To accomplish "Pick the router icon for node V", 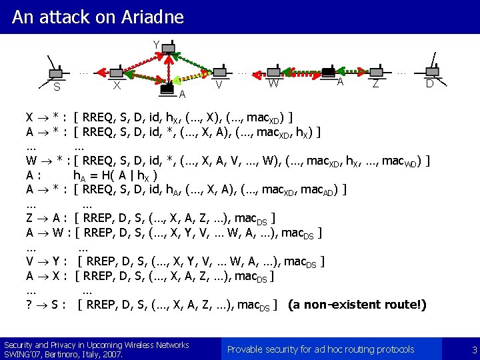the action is [219, 71].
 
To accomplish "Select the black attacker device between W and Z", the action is [327, 71].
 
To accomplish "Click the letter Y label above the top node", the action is [156, 45].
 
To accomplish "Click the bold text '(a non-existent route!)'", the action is [357, 305].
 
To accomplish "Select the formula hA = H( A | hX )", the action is [115, 175].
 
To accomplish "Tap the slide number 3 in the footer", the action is [474, 349].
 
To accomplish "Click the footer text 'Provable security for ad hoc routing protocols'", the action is [321, 349].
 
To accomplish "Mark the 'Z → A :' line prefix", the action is [46, 218].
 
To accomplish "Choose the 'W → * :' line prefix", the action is [47, 161].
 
